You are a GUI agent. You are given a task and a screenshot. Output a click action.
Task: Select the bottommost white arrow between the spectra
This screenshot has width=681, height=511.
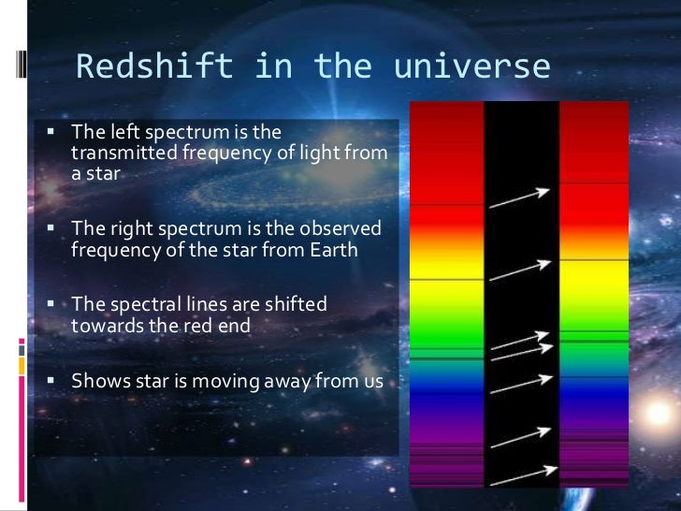coord(520,475)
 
